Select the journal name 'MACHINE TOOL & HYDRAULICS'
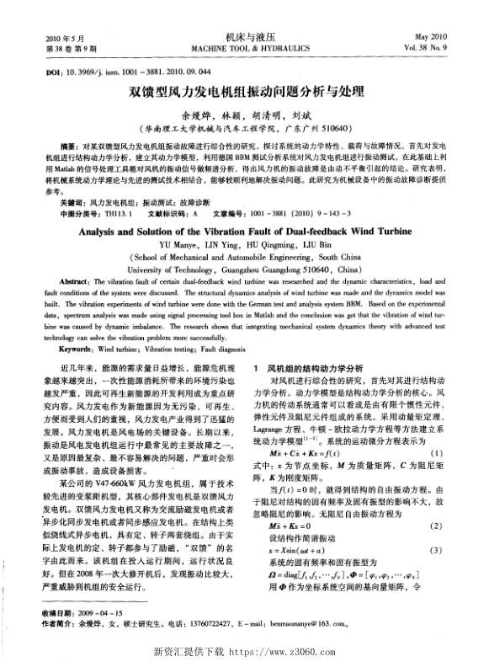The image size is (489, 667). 244,49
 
